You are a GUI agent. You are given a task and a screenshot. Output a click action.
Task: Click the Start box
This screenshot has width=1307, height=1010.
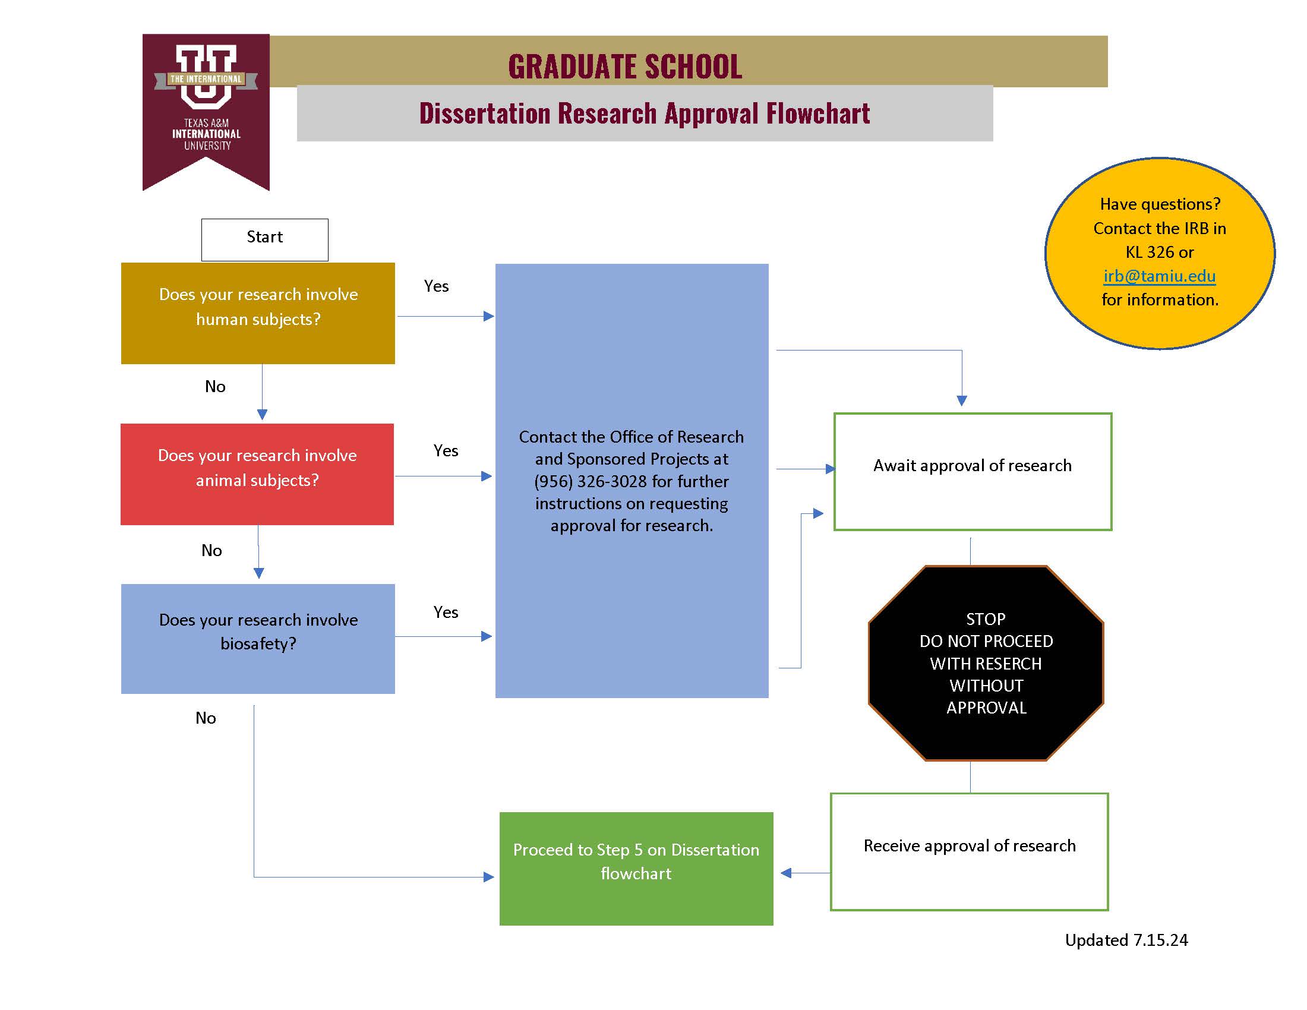tap(264, 239)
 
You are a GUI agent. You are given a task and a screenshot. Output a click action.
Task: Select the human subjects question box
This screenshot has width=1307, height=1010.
tap(258, 313)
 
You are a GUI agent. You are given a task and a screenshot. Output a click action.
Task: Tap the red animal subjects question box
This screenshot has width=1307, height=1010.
tap(257, 474)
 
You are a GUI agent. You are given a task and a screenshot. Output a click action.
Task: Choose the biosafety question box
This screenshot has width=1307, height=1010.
tap(258, 639)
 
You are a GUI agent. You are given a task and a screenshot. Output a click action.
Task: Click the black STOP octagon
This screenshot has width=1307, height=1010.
tap(986, 663)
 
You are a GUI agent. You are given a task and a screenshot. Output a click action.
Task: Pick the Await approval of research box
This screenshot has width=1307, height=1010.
tap(973, 471)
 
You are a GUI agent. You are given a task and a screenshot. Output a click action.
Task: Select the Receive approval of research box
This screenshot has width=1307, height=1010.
tap(970, 851)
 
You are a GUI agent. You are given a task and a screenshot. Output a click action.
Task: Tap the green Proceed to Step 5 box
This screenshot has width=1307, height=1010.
tap(636, 868)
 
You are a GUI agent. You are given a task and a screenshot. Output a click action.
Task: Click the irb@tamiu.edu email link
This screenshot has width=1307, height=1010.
tap(1159, 276)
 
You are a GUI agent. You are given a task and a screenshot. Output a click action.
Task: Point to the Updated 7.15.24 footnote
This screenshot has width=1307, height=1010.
tap(1126, 940)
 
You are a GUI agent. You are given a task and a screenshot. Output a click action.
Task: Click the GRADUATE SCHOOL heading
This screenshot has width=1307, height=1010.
tap(625, 66)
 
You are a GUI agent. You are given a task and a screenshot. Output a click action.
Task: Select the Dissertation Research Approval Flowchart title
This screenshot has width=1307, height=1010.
tap(645, 113)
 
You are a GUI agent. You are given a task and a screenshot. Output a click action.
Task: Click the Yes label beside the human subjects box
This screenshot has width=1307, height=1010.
tap(436, 286)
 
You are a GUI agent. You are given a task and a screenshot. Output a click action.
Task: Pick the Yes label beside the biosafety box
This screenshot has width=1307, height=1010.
tap(446, 612)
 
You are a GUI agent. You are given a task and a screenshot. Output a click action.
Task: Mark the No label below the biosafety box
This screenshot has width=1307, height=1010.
tap(206, 718)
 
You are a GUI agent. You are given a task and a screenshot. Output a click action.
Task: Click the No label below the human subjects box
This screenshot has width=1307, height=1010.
tap(216, 387)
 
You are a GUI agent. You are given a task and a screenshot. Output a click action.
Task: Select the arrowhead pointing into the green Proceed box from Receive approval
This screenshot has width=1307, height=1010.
tap(786, 873)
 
